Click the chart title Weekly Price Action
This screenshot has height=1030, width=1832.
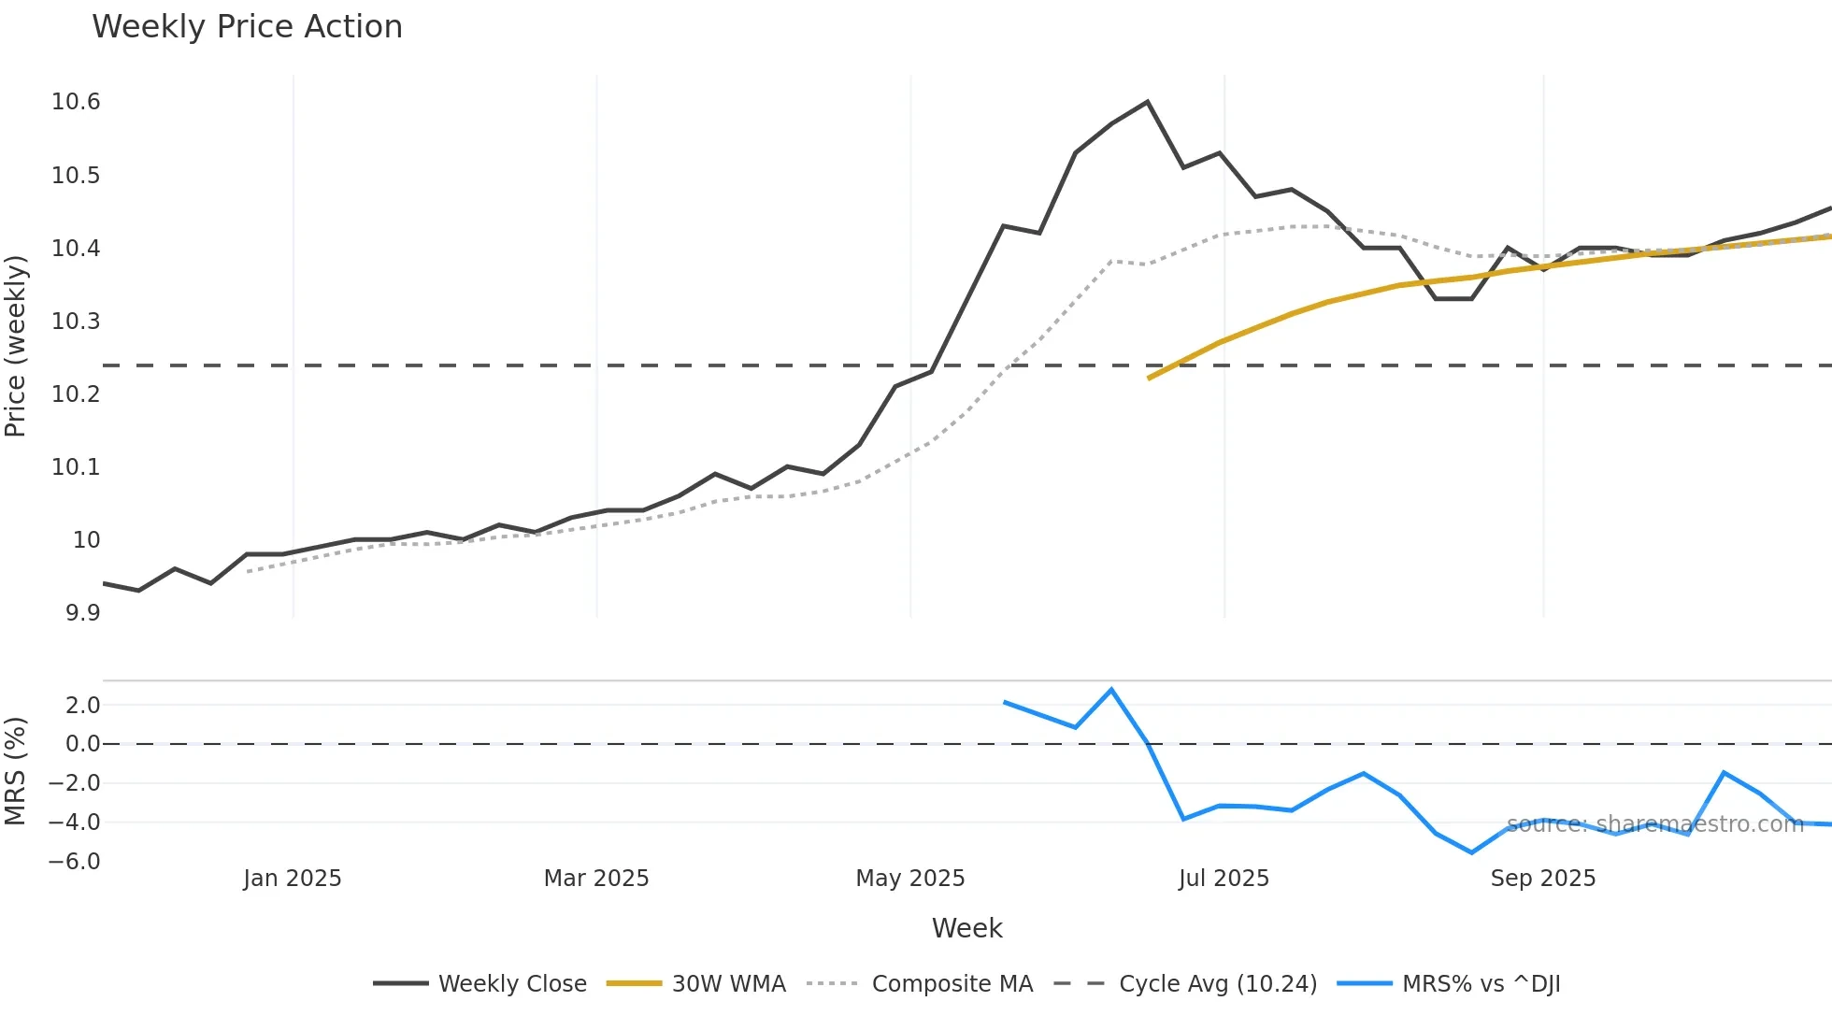[247, 27]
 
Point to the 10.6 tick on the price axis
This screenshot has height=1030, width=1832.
[76, 102]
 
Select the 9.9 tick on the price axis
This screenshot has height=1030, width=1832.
[82, 613]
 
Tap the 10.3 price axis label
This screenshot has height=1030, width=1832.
[76, 322]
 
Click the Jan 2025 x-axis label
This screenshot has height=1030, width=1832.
[292, 879]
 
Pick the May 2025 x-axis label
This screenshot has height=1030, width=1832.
[909, 879]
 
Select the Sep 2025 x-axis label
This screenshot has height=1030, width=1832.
[1542, 879]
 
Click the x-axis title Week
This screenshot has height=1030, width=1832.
[966, 928]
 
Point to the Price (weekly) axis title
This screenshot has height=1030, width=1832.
[16, 346]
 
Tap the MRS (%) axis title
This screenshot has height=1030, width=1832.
[16, 771]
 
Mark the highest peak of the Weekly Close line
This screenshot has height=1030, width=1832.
[1147, 102]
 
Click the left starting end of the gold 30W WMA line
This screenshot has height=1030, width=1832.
[1149, 379]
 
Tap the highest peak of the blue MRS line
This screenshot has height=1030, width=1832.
[1111, 690]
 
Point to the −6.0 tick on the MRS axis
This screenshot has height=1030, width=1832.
[75, 862]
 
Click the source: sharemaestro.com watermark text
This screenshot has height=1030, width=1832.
[1654, 824]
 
